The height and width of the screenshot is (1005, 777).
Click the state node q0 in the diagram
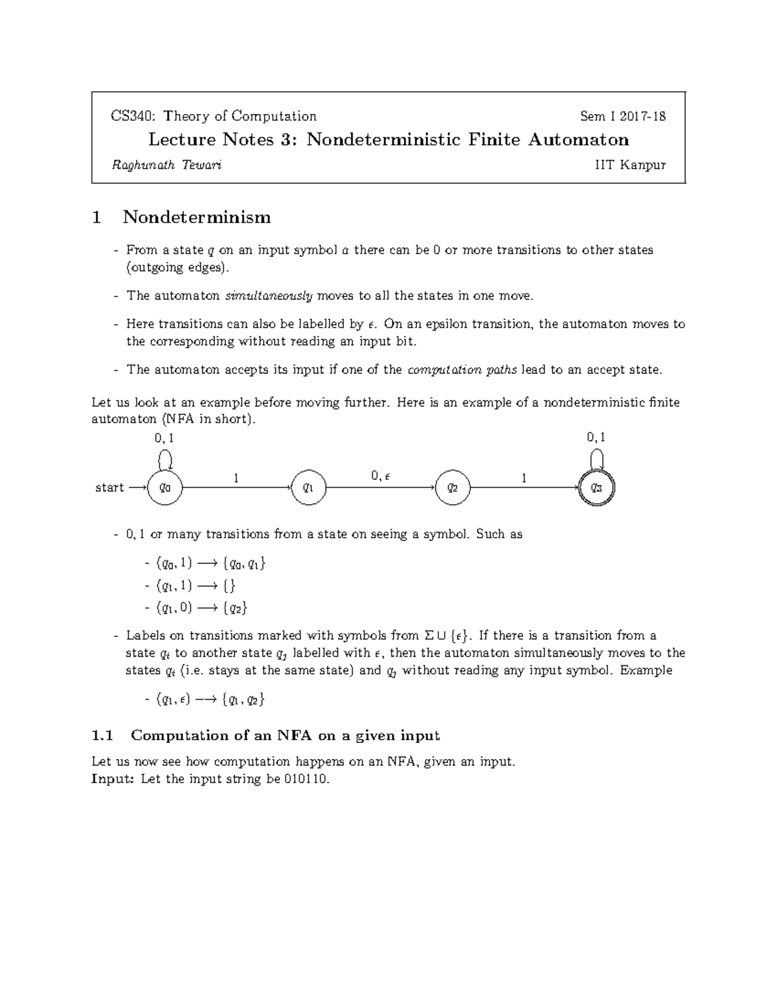(165, 488)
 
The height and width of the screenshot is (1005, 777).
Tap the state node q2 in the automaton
(453, 488)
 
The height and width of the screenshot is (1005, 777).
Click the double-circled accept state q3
(596, 488)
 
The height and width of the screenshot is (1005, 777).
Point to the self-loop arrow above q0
(165, 459)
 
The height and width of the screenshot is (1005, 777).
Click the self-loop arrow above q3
(596, 459)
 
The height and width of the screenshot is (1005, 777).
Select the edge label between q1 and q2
(381, 476)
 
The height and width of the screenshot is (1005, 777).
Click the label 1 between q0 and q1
(236, 478)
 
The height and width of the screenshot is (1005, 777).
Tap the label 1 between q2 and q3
(524, 478)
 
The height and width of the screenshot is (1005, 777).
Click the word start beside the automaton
(109, 488)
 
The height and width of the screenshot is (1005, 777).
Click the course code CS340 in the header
(133, 116)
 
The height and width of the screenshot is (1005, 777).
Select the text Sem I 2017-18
(622, 116)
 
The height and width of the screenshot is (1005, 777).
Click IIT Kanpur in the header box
(630, 165)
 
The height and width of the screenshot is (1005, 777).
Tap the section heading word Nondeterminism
(197, 217)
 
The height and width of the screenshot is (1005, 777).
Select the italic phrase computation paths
(462, 370)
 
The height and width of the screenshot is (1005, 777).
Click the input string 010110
(306, 779)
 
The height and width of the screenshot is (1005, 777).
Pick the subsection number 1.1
(103, 736)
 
